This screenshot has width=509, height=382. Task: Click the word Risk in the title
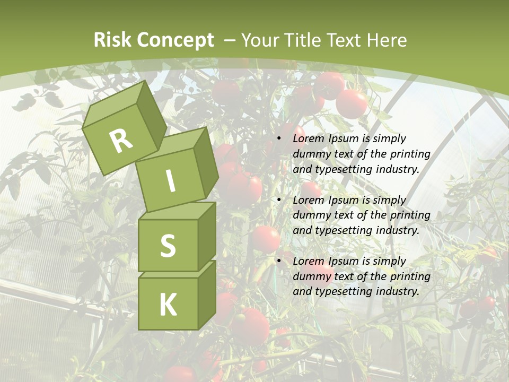(112, 40)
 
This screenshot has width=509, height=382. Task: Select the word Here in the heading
(388, 40)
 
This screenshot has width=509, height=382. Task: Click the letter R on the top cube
(121, 141)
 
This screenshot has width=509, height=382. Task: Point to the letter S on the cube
(168, 246)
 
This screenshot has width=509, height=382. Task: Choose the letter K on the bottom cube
(168, 305)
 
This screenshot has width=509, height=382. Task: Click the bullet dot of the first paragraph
(279, 139)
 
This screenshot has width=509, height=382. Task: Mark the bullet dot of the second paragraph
(279, 200)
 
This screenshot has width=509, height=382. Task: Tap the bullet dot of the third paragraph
(279, 261)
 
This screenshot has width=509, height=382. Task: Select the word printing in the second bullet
(410, 215)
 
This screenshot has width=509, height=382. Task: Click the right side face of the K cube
(207, 294)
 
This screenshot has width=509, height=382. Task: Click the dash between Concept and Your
(230, 40)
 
